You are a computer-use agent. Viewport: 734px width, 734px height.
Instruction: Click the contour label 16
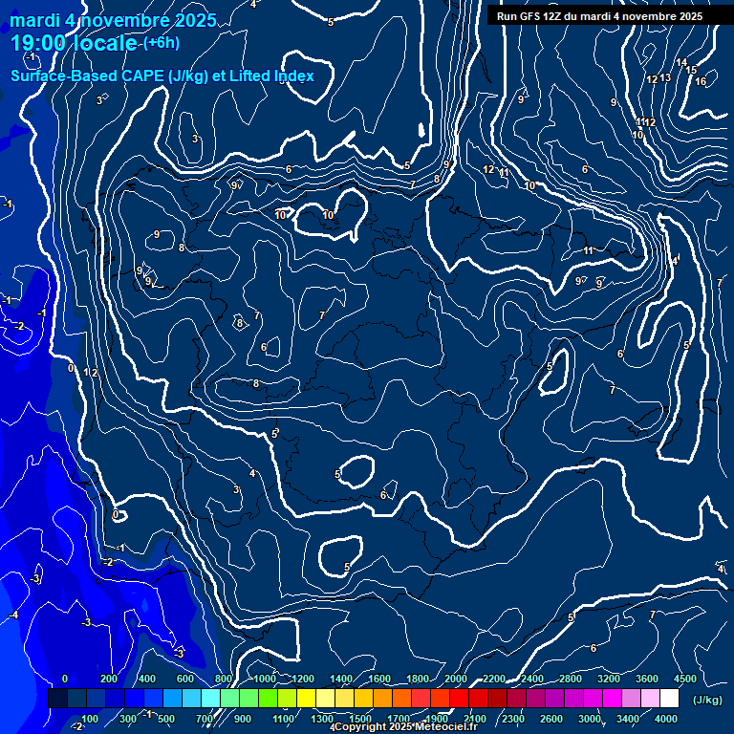click(x=701, y=81)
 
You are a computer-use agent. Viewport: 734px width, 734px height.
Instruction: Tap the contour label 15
click(x=690, y=71)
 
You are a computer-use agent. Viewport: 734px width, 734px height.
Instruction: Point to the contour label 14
click(x=681, y=63)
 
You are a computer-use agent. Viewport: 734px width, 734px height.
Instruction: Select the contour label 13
click(x=665, y=78)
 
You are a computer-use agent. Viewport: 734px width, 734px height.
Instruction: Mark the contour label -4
click(x=13, y=615)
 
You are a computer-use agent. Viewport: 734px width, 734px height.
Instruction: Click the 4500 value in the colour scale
click(x=684, y=679)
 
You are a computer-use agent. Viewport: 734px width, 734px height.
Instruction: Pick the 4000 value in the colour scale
click(x=666, y=719)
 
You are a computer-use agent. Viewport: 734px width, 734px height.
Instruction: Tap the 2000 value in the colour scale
click(x=456, y=679)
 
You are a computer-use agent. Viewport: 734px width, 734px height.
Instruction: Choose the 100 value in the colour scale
click(x=91, y=719)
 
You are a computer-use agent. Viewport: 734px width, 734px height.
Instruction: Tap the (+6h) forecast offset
click(x=160, y=43)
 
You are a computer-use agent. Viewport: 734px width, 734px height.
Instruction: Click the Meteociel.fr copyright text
click(x=402, y=727)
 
